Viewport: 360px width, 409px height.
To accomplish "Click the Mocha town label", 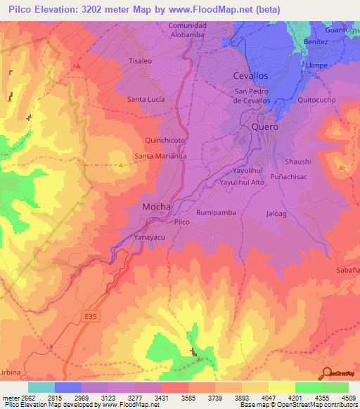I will [156, 207].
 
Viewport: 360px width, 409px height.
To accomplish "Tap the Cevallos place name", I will [250, 75].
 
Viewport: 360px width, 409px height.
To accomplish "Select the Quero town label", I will [265, 127].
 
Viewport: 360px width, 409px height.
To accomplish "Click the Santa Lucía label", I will [146, 100].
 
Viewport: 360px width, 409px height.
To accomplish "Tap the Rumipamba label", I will [215, 212].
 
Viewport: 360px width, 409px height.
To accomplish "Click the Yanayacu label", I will [149, 237].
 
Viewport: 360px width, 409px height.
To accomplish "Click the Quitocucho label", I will [317, 100].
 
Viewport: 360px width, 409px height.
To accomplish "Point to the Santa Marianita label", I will [160, 157].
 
